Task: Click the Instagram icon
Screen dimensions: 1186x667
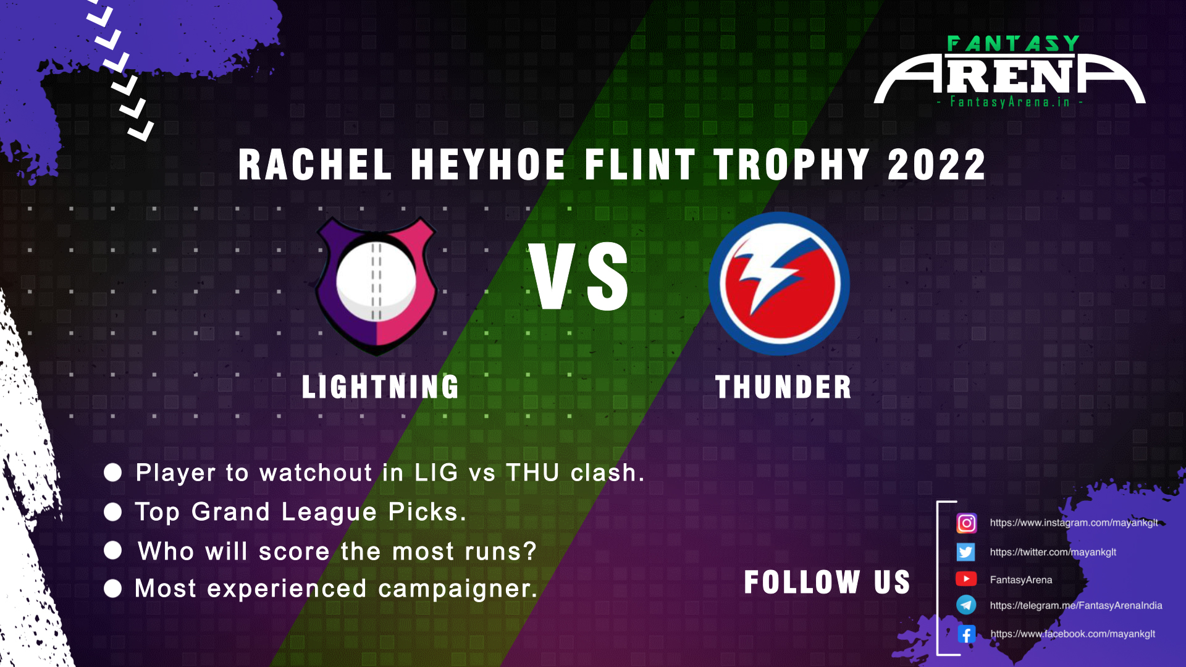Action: coord(966,523)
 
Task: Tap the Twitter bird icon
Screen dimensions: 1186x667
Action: coord(966,552)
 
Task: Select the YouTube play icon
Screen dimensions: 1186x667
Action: coord(966,579)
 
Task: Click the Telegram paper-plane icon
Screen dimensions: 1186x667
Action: coord(966,605)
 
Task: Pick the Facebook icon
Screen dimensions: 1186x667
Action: coord(966,634)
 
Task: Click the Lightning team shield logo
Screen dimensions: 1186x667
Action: coord(376,285)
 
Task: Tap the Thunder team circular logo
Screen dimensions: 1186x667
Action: coord(779,283)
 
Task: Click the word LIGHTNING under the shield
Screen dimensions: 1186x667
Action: coord(381,387)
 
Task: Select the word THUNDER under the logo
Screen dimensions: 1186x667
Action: coord(783,387)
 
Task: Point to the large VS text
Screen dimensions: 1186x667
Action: coord(578,276)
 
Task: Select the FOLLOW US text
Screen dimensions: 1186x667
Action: coord(827,582)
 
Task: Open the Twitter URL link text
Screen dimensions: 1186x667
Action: coord(1053,552)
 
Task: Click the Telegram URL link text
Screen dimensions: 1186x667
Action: coord(1076,605)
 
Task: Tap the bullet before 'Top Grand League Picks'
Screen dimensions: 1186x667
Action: coord(112,512)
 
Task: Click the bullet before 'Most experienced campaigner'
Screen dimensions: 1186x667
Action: coord(112,589)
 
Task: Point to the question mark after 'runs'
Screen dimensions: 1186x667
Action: coord(529,550)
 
